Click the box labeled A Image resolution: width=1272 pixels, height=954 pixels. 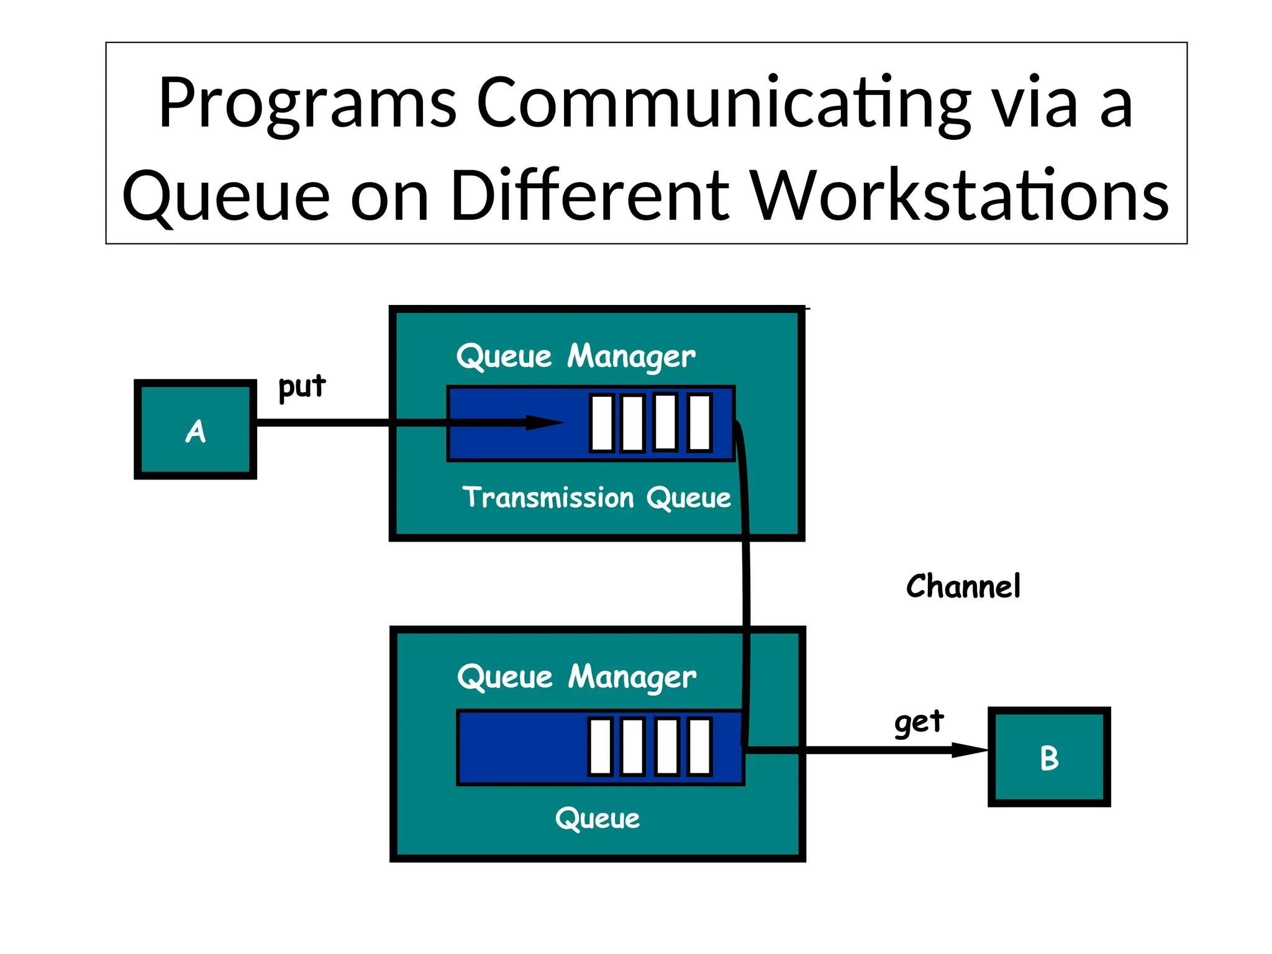pyautogui.click(x=195, y=429)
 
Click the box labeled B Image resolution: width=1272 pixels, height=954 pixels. pyautogui.click(x=1048, y=757)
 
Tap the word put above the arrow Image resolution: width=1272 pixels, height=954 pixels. pyautogui.click(x=301, y=387)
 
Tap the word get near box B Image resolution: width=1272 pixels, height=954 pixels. pyautogui.click(x=919, y=722)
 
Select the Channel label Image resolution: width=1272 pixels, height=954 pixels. pyautogui.click(x=963, y=586)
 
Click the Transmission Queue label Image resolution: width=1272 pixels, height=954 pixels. pyautogui.click(x=596, y=498)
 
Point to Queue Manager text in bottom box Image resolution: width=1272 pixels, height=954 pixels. pyautogui.click(x=576, y=678)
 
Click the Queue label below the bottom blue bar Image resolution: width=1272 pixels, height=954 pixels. pyautogui.click(x=597, y=819)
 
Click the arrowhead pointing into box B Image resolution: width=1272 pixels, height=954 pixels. pyautogui.click(x=969, y=750)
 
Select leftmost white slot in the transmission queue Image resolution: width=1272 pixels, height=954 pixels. pyautogui.click(x=602, y=423)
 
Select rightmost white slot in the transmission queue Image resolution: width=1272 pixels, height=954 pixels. pyautogui.click(x=700, y=423)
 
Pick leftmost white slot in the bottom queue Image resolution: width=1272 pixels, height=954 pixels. pyautogui.click(x=601, y=747)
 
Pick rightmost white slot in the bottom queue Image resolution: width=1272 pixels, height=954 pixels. pyautogui.click(x=699, y=747)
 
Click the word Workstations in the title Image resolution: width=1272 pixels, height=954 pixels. pyautogui.click(x=960, y=196)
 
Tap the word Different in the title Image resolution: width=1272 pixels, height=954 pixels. pyautogui.click(x=589, y=196)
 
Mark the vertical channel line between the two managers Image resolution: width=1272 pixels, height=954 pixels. pyautogui.click(x=746, y=584)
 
